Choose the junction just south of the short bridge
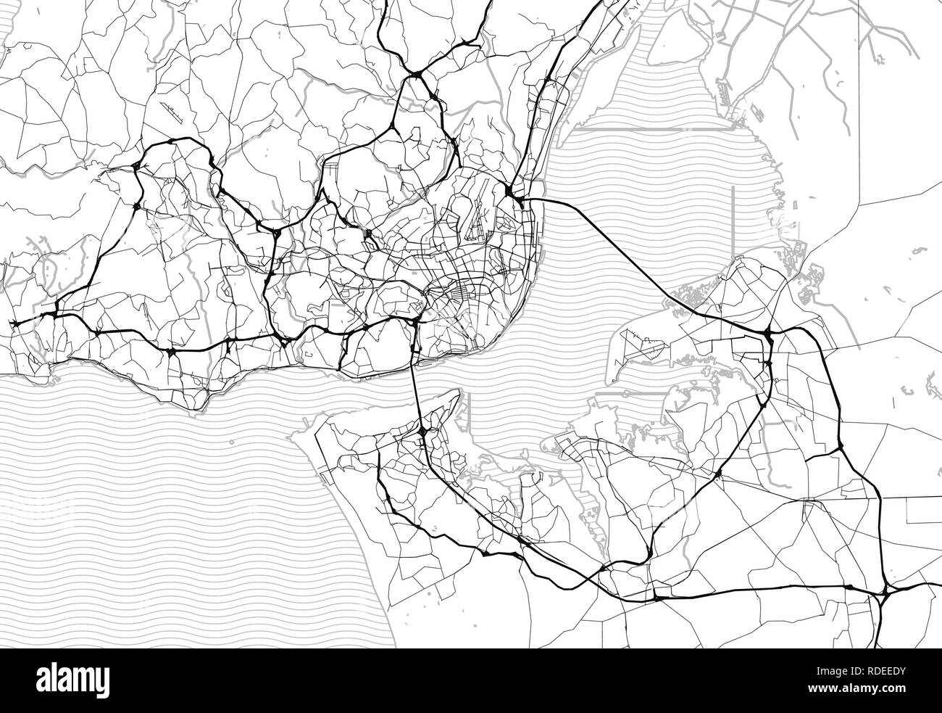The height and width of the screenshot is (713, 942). [x=422, y=433]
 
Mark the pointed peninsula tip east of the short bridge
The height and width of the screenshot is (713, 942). [x=458, y=392]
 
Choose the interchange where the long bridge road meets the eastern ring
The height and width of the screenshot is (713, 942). [x=768, y=334]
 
